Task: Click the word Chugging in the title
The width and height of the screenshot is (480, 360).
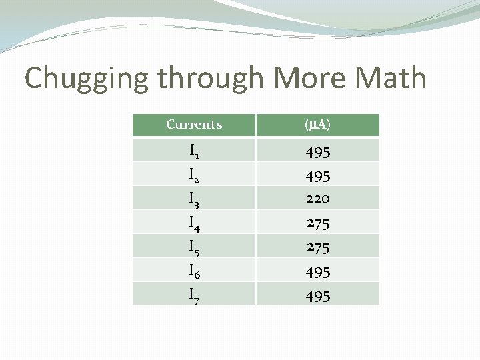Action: [x=87, y=79]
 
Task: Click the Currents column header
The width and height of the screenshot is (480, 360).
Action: [x=194, y=125]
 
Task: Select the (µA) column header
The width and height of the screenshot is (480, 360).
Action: [x=317, y=125]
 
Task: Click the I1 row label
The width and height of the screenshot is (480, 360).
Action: [x=194, y=151]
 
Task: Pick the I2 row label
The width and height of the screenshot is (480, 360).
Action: [x=194, y=175]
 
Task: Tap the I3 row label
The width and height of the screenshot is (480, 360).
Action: [x=194, y=199]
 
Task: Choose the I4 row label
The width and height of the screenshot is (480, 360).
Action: [x=194, y=223]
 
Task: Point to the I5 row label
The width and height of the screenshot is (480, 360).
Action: [x=194, y=247]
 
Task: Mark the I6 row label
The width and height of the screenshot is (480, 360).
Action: [x=194, y=271]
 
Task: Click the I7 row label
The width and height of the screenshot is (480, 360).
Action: [x=194, y=295]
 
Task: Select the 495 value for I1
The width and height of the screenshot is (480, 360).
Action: [x=318, y=153]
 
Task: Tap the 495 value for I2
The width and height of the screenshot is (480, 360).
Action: [x=318, y=176]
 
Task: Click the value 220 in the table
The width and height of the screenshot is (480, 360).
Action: [x=318, y=199]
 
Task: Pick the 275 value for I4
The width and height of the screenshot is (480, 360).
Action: [x=318, y=223]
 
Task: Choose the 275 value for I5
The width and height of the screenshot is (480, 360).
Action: [x=318, y=247]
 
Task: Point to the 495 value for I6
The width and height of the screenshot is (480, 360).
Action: [x=318, y=272]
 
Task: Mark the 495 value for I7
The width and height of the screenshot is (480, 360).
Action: [x=318, y=296]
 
